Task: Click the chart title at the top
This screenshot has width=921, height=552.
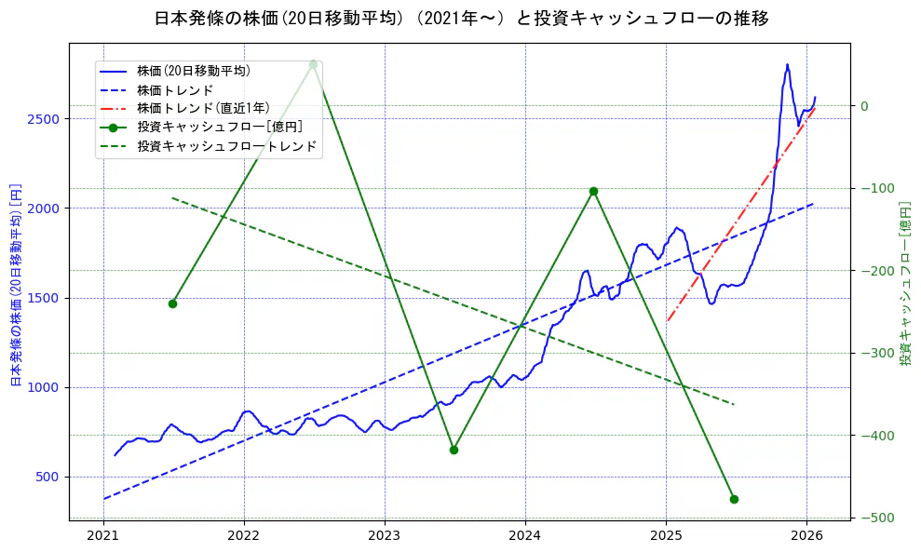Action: point(460,19)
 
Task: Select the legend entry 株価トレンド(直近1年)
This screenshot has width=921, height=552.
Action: point(202,108)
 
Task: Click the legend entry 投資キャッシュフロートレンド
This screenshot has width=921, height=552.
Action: point(226,146)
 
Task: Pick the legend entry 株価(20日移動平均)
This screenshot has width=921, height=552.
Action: point(193,70)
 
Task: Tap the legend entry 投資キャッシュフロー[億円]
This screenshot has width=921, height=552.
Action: point(216,127)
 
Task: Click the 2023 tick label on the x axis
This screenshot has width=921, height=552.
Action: point(385,535)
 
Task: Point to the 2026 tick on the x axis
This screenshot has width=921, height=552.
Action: point(806,535)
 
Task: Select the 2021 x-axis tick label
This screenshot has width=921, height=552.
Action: point(103,535)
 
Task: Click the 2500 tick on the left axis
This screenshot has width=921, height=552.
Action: point(44,119)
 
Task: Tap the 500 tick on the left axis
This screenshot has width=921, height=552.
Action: point(47,477)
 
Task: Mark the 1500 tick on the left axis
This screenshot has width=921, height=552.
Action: point(44,298)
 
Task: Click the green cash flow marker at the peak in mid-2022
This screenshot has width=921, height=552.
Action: point(313,64)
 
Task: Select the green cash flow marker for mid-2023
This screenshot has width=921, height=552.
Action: point(454,450)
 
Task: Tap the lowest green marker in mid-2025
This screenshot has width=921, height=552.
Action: point(734,499)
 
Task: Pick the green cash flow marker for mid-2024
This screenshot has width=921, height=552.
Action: point(593,191)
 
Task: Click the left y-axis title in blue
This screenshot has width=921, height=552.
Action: point(15,284)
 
